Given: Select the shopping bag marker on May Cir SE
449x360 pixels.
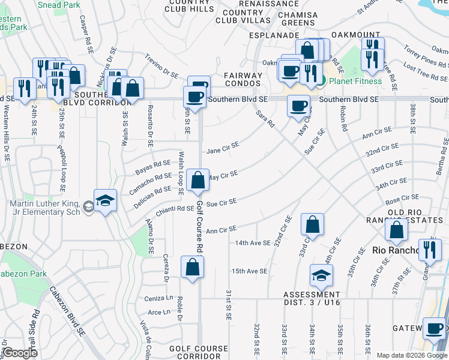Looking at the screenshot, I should pyautogui.click(x=197, y=180).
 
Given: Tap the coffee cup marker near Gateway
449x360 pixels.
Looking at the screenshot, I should pyautogui.click(x=435, y=329).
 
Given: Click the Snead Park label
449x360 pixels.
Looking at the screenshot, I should pyautogui.click(x=59, y=5).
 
